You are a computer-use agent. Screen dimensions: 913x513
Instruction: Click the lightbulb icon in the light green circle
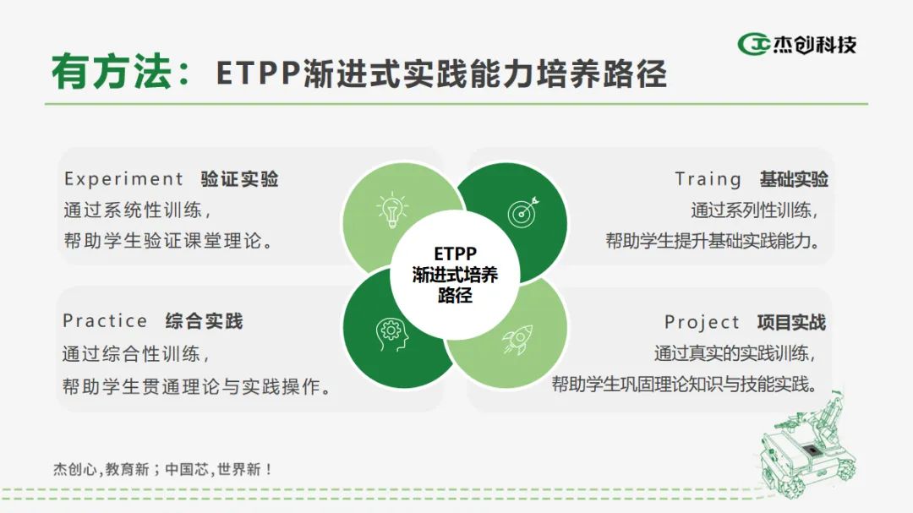pyautogui.click(x=392, y=209)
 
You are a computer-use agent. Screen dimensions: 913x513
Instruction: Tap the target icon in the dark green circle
pyautogui.click(x=523, y=212)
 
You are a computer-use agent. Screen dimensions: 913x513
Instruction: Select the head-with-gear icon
pyautogui.click(x=391, y=335)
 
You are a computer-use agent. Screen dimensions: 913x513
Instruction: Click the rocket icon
pyautogui.click(x=517, y=340)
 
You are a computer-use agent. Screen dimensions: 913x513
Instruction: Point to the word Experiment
pyautogui.click(x=123, y=179)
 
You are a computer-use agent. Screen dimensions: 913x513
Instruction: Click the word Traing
pyautogui.click(x=708, y=179)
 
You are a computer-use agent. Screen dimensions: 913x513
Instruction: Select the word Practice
pyautogui.click(x=105, y=321)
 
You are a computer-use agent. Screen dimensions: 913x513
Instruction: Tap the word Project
pyautogui.click(x=702, y=322)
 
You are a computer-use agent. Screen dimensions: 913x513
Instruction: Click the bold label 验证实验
pyautogui.click(x=239, y=179)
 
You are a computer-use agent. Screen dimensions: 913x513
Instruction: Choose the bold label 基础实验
pyautogui.click(x=794, y=179)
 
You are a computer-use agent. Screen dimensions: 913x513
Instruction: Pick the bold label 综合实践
pyautogui.click(x=204, y=321)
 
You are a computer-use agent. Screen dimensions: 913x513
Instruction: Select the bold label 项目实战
pyautogui.click(x=791, y=322)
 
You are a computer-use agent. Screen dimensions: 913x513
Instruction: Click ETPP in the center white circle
pyautogui.click(x=456, y=254)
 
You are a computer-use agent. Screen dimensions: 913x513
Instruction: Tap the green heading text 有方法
pyautogui.click(x=112, y=72)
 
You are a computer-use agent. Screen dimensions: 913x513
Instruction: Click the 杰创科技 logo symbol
pyautogui.click(x=753, y=44)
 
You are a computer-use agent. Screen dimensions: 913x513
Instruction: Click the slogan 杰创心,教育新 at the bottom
pyautogui.click(x=101, y=469)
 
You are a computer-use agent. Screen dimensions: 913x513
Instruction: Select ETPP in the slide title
pyautogui.click(x=259, y=74)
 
